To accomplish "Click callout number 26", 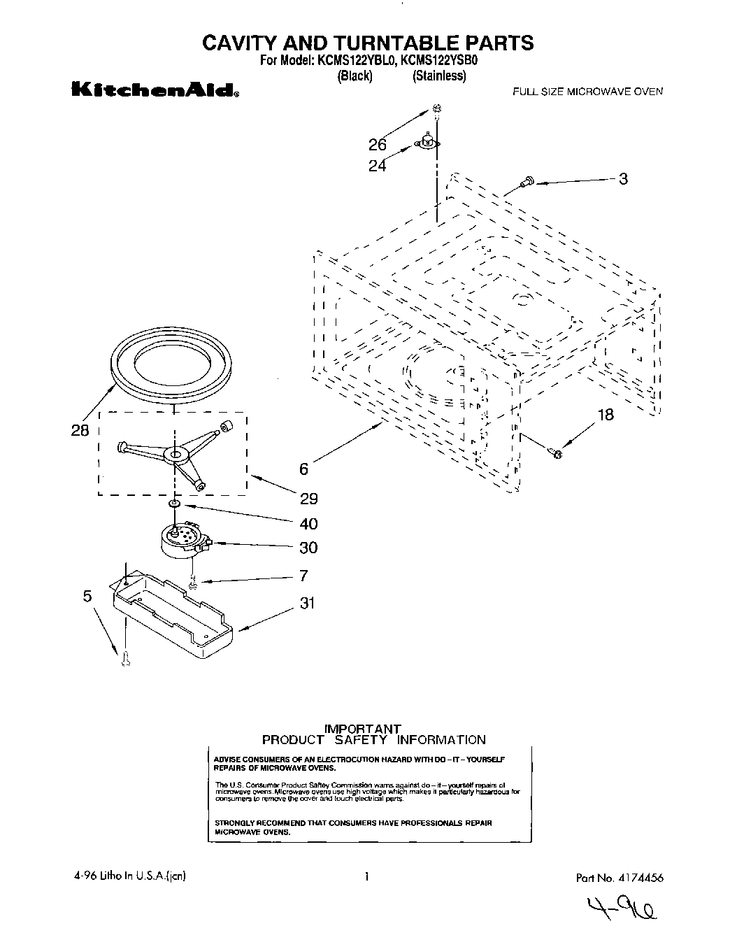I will pyautogui.click(x=378, y=145).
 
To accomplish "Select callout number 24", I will pyautogui.click(x=378, y=166).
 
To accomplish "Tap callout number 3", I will pyautogui.click(x=623, y=179).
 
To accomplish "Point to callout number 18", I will pyautogui.click(x=605, y=415).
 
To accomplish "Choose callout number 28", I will pyautogui.click(x=80, y=431).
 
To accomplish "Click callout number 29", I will pyautogui.click(x=308, y=499).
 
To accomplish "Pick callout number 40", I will pyautogui.click(x=308, y=524).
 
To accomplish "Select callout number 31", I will pyautogui.click(x=308, y=602).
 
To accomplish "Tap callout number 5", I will pyautogui.click(x=87, y=596).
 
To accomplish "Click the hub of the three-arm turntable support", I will pyautogui.click(x=175, y=455).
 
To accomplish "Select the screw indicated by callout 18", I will pyautogui.click(x=555, y=453).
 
